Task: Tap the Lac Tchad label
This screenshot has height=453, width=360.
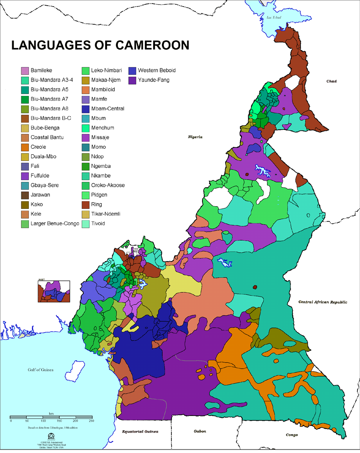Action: (274, 17)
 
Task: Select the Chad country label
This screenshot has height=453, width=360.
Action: (332, 81)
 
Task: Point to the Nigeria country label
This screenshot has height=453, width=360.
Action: (195, 137)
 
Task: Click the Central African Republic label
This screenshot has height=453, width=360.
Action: (322, 302)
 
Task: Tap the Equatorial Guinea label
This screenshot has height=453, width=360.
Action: (140, 431)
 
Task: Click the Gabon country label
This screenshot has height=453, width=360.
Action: (200, 431)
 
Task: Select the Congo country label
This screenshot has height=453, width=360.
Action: (292, 435)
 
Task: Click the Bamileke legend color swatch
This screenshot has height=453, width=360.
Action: (25, 70)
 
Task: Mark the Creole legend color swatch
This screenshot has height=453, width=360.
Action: (25, 147)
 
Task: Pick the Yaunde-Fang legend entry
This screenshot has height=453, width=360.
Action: (154, 80)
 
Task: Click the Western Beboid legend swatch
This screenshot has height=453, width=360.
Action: (132, 70)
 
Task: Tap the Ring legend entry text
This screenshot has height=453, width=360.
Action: (96, 204)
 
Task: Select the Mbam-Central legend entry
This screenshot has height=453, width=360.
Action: (108, 109)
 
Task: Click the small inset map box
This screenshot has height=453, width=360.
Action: (54, 291)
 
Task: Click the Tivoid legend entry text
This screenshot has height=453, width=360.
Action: (99, 223)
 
